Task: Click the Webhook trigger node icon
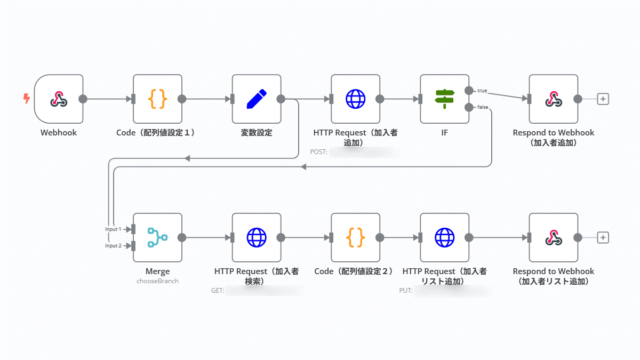(x=59, y=99)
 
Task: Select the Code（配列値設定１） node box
(x=157, y=99)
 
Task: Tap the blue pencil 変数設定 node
(x=257, y=99)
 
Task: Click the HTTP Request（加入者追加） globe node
(x=356, y=99)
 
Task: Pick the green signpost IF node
(x=444, y=99)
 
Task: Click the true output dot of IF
(x=469, y=90)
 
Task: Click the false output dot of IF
(x=469, y=108)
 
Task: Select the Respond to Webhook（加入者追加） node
(x=554, y=99)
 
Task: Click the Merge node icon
(x=157, y=238)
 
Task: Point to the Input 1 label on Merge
(x=113, y=229)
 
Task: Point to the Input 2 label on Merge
(x=113, y=246)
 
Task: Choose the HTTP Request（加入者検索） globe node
(x=257, y=238)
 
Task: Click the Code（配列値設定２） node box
(x=356, y=238)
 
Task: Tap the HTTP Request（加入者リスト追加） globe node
(x=444, y=238)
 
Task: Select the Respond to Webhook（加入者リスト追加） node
(x=554, y=238)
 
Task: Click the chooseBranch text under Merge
(x=157, y=281)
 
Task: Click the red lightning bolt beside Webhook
(x=26, y=99)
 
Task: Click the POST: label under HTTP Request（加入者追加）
(x=319, y=152)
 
